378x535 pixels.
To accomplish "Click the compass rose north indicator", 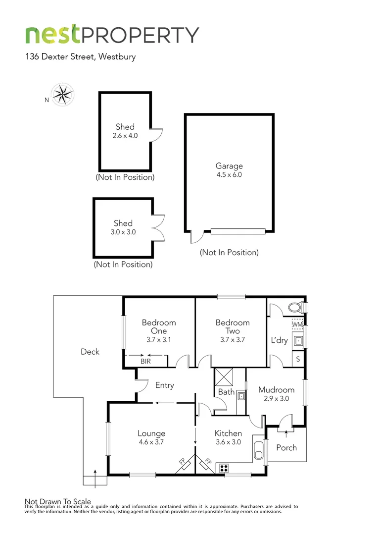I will [x=63, y=94].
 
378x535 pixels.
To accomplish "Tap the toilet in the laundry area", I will [x=295, y=307].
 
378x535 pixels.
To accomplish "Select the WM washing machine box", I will [x=297, y=324].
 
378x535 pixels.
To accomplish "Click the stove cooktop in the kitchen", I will [x=223, y=468].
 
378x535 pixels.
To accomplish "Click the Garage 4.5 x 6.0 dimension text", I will [x=229, y=174].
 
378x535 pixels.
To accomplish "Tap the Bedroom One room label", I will [x=159, y=326].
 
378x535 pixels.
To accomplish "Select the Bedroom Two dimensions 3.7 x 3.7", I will [x=233, y=340].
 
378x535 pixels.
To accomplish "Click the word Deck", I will [x=90, y=352].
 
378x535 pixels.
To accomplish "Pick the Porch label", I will [x=286, y=447].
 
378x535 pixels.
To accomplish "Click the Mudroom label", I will [x=276, y=390].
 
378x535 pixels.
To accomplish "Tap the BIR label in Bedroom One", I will [x=145, y=362].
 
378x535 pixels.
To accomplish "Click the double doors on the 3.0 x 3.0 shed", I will [x=159, y=227].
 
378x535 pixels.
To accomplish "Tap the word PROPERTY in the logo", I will [x=141, y=35].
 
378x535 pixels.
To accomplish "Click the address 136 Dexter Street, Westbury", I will [x=81, y=56].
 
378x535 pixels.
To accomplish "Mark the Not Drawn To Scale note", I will [x=58, y=501].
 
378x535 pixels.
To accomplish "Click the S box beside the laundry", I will [x=299, y=359].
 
